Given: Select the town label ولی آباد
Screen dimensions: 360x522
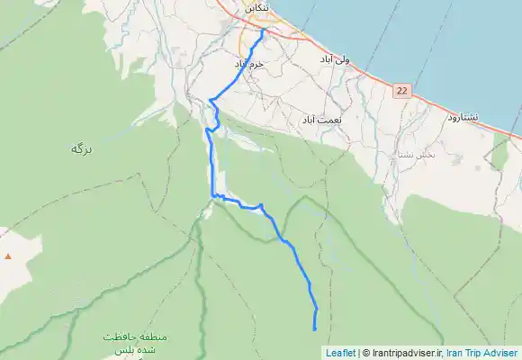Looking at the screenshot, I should tap(334, 58).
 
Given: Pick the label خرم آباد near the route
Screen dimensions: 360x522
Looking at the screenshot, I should tap(249, 65).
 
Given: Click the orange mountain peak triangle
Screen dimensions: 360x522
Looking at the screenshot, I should tap(8, 256).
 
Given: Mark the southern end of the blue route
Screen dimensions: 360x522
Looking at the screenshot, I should tap(315, 330).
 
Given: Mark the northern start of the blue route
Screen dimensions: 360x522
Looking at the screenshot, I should tap(263, 30).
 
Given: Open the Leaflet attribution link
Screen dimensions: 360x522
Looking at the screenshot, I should tap(340, 353).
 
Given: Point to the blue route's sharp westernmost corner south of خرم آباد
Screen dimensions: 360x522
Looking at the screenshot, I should tap(210, 100).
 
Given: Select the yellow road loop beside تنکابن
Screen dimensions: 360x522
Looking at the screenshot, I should tap(244, 40).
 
